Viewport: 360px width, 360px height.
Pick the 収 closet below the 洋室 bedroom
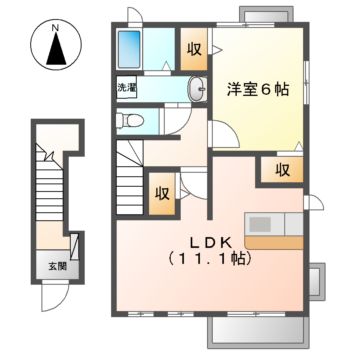coord(283,169)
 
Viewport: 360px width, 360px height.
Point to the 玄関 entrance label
coord(49,267)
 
